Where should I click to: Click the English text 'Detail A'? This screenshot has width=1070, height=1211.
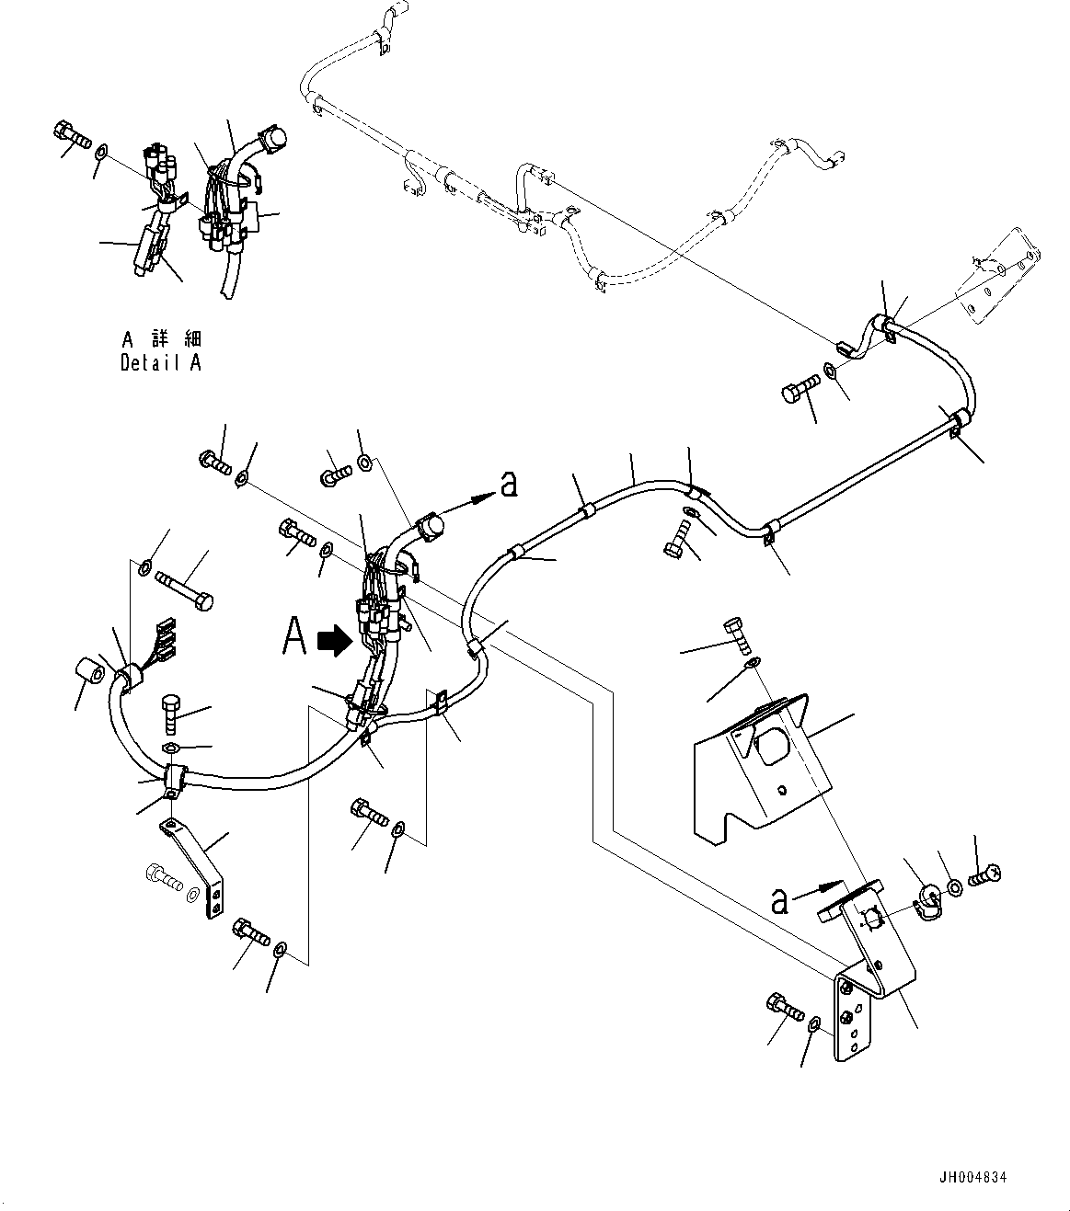[x=161, y=363]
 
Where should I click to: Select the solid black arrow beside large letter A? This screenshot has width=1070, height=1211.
[x=332, y=641]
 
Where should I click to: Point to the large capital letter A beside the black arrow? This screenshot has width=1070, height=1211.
[x=293, y=636]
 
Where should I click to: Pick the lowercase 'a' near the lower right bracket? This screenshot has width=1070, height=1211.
[x=780, y=901]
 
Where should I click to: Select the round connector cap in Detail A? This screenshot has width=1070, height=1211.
[x=272, y=140]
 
